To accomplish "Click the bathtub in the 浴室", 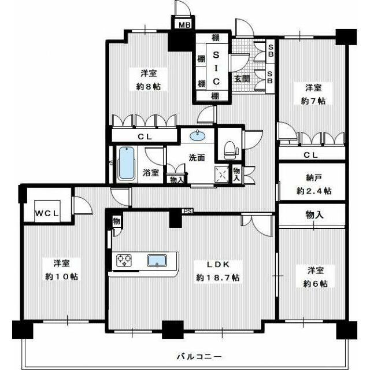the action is tap(127, 163).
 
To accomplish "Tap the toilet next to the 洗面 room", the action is tap(230, 150).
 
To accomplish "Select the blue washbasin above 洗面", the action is tap(197, 135).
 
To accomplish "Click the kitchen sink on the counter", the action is tap(157, 261).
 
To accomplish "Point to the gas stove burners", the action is tap(124, 261).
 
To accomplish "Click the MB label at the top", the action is tap(184, 25).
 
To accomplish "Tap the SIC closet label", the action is tap(216, 68).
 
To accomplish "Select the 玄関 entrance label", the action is tap(242, 79).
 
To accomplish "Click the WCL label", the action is tap(47, 213).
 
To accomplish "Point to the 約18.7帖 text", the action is tap(218, 277).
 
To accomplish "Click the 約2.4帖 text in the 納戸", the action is tap(314, 191).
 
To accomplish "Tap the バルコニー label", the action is tap(199, 356).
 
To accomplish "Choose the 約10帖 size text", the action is tap(62, 276).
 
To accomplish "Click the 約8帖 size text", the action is tap(149, 87).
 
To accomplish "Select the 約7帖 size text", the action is tap(313, 101).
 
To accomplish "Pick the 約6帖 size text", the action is tap(315, 284).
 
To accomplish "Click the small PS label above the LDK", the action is tap(188, 210).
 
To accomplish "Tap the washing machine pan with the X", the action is tap(221, 175).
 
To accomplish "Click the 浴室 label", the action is tap(150, 172).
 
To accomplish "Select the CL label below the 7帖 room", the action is tap(310, 155).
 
